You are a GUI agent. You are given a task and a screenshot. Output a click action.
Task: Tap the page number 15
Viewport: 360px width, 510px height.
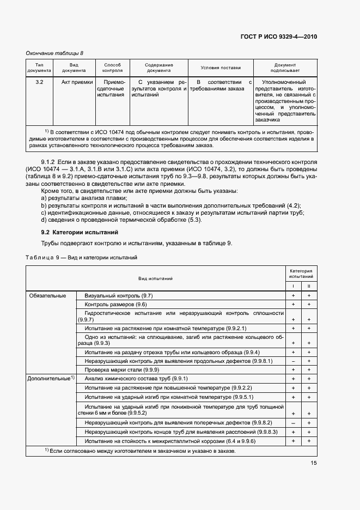tap(314, 463)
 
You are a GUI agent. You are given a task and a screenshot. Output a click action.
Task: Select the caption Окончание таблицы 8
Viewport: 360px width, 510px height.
tap(54, 53)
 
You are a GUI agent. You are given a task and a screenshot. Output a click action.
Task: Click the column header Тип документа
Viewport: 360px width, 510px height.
tap(39, 68)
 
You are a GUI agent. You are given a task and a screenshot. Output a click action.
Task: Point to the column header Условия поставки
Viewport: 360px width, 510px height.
tap(220, 68)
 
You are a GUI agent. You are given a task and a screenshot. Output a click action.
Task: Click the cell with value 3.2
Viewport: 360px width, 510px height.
tap(39, 82)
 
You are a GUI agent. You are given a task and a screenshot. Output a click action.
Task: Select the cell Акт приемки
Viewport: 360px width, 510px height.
tap(74, 82)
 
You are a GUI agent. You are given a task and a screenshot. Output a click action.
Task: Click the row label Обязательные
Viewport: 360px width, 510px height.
tap(47, 295)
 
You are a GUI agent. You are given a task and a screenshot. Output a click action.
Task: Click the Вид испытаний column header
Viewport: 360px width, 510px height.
tap(155, 278)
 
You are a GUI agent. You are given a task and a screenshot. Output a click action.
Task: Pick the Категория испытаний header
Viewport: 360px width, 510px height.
tap(301, 274)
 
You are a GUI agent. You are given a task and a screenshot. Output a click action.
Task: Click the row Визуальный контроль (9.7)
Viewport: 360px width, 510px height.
tap(118, 295)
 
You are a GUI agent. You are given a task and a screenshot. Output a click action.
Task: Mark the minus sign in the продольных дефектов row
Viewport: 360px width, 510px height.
tap(293, 361)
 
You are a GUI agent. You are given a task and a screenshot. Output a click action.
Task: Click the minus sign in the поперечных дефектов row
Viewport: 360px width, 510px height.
tap(293, 423)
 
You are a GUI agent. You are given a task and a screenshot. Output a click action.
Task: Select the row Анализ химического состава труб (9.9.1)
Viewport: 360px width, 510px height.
tap(136, 378)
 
